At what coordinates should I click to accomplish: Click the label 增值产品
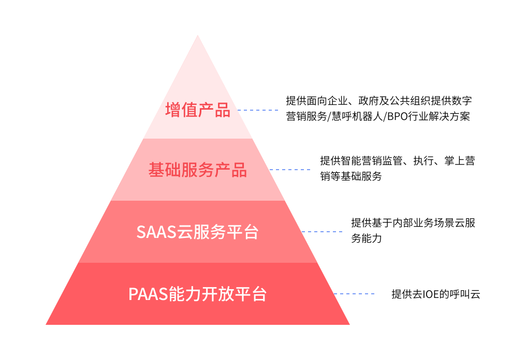tap(198, 110)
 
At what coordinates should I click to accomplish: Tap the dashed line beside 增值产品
tap(258, 110)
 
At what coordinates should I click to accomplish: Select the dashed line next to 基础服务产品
tap(290, 170)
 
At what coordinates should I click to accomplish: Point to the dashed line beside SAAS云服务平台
tap(322, 232)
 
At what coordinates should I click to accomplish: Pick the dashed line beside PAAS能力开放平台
tap(354, 294)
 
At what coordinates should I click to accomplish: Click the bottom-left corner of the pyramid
tap(47, 324)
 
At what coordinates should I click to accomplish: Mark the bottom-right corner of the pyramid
tap(349, 324)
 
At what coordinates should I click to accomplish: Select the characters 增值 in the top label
tap(181, 110)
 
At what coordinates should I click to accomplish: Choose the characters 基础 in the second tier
tap(165, 170)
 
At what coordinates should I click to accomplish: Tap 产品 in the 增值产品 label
tap(214, 110)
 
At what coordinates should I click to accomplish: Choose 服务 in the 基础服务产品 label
tap(198, 170)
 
